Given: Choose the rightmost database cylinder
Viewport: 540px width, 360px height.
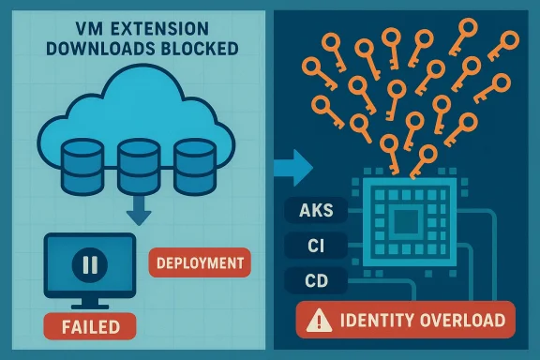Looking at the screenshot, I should [x=191, y=163].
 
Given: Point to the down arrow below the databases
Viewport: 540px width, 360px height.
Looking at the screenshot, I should [x=139, y=213].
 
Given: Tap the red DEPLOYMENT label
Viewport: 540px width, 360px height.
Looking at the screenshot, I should [x=200, y=262].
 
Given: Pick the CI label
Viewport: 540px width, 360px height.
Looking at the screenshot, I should [x=313, y=247].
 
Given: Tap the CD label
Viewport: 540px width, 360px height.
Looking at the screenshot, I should [x=315, y=281].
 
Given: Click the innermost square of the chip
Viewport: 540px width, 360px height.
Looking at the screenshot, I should [x=404, y=222].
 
